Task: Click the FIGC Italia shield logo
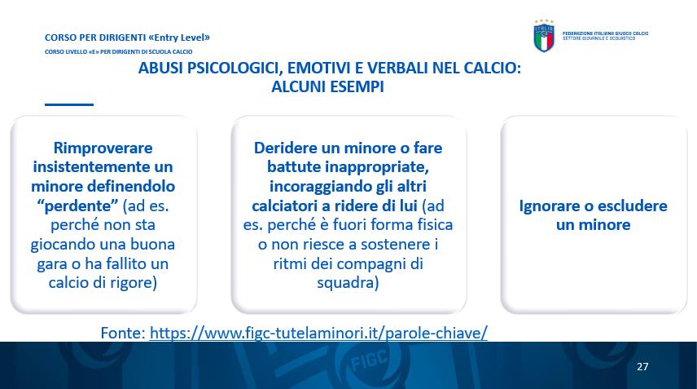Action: click(544, 36)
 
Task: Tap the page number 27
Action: click(642, 366)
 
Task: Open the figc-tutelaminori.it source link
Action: click(318, 333)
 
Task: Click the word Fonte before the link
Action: click(123, 333)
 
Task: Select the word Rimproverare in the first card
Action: click(103, 148)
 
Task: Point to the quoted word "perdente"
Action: click(77, 206)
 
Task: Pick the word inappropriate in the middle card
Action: click(377, 167)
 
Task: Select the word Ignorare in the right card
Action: click(550, 206)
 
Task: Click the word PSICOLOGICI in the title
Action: click(233, 69)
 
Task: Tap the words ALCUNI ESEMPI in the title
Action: click(327, 86)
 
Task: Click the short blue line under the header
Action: click(69, 104)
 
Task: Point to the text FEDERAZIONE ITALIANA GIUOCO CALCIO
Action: click(606, 33)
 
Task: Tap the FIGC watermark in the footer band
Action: click(370, 360)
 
